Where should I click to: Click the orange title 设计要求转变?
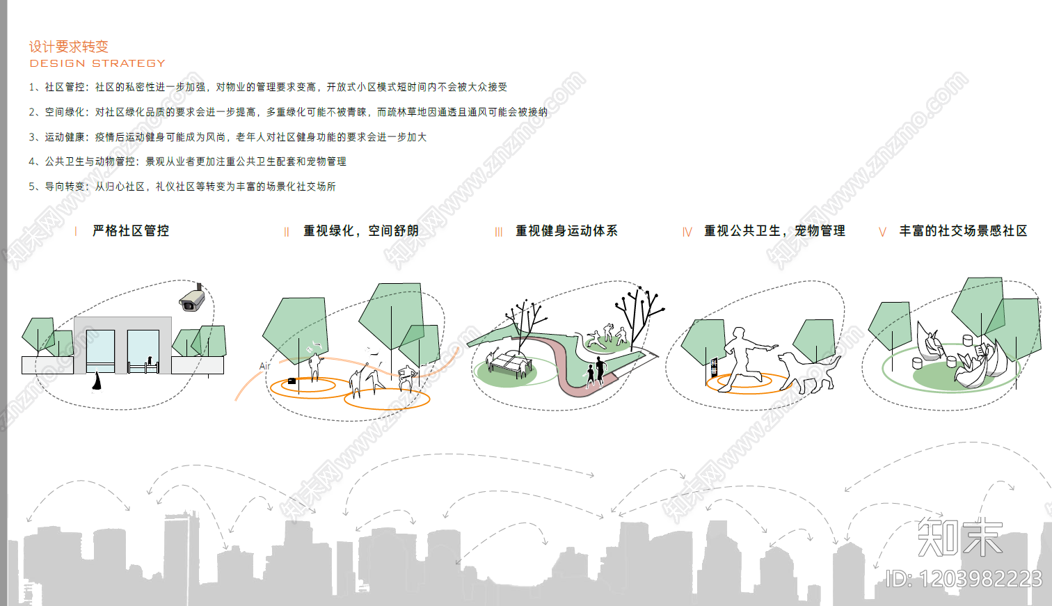[68, 47]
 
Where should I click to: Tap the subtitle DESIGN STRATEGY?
[97, 63]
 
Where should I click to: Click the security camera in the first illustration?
[192, 298]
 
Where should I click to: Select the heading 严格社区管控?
[131, 231]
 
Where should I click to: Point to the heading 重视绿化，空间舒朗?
[361, 231]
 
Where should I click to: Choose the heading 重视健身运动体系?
[566, 231]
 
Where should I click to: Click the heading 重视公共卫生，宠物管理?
[774, 231]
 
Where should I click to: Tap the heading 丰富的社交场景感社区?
[963, 231]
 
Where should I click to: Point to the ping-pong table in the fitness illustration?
[509, 362]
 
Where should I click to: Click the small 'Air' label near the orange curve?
[264, 366]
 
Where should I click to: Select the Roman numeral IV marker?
[687, 232]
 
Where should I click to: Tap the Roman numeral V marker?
[882, 232]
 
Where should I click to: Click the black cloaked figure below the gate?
[97, 381]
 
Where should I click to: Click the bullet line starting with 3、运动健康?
[227, 137]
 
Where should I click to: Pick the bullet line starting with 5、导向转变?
[182, 186]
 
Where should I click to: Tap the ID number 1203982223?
[964, 579]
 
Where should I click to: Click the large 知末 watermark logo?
[959, 537]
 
